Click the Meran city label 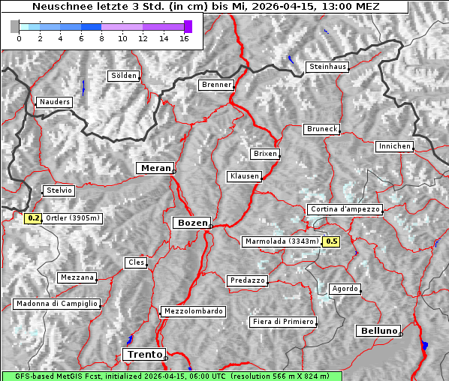click(x=155, y=168)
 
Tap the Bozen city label click(x=192, y=223)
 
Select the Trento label click(x=143, y=354)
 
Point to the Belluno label click(x=379, y=330)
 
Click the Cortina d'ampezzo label click(x=345, y=209)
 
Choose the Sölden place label click(x=124, y=76)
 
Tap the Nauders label click(x=54, y=102)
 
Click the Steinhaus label click(x=328, y=67)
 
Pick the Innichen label click(x=394, y=146)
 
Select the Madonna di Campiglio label click(x=56, y=304)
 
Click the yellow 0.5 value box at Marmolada click(x=331, y=241)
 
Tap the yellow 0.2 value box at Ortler click(x=33, y=218)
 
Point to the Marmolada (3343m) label click(x=282, y=241)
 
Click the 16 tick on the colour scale click(x=184, y=38)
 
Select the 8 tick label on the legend click(x=101, y=38)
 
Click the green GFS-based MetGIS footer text click(x=171, y=376)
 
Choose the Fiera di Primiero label click(x=282, y=322)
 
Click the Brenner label click(x=217, y=85)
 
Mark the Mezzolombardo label click(x=192, y=310)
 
